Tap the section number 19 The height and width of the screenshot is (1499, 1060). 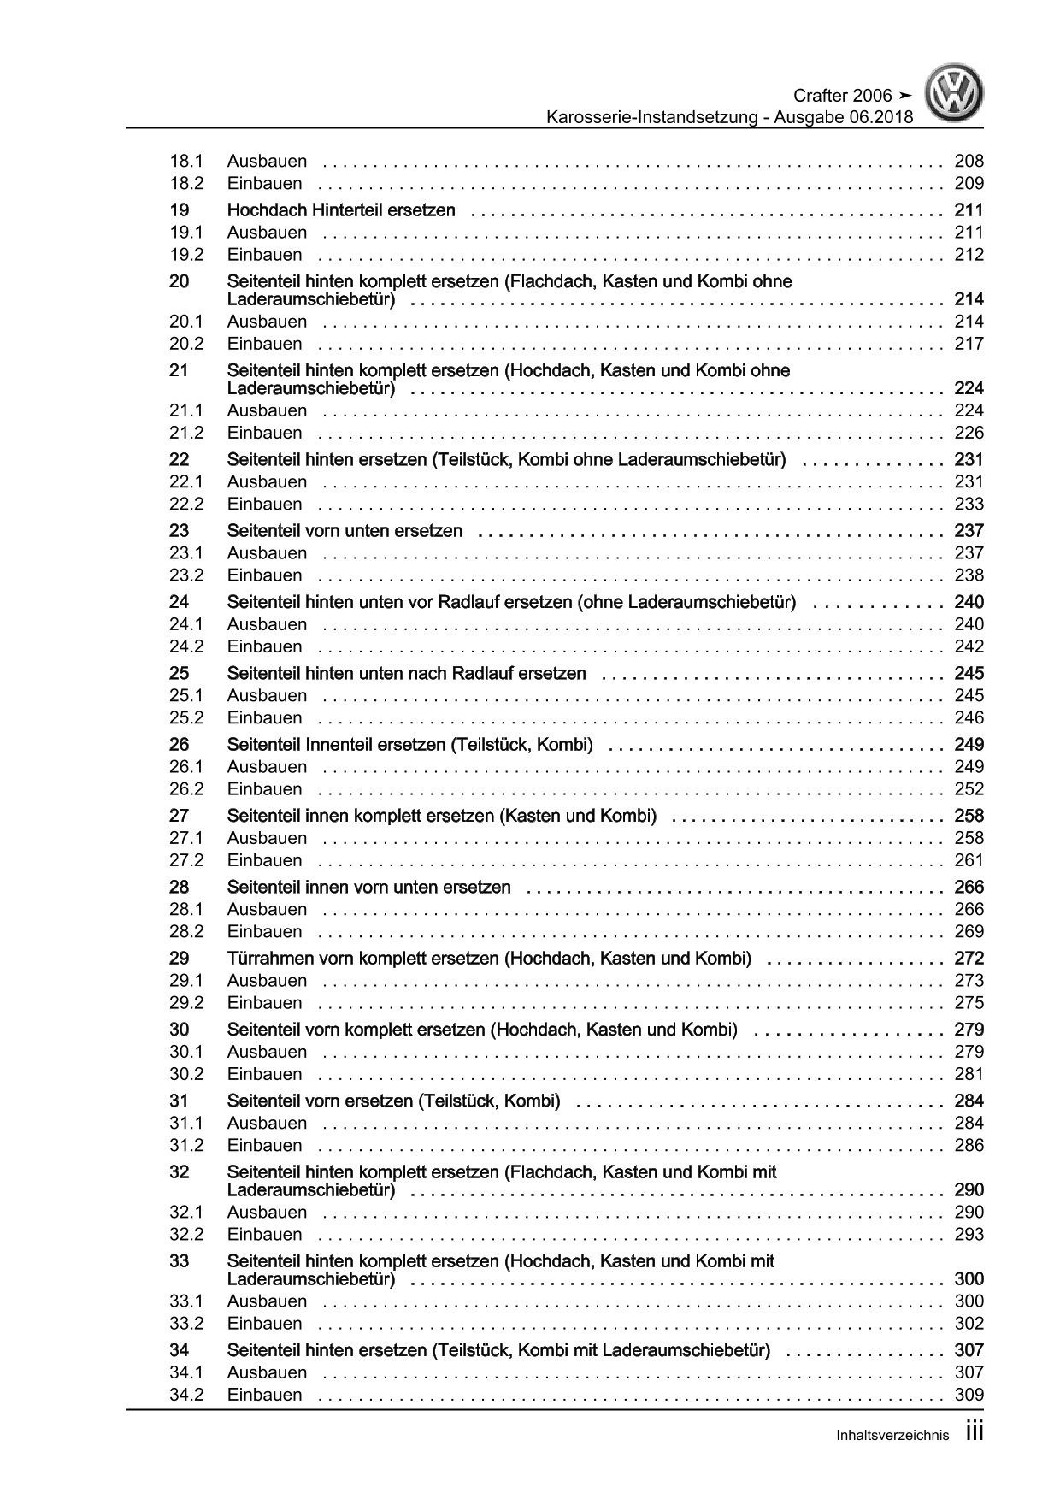click(179, 210)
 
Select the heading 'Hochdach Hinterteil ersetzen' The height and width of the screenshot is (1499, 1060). click(341, 210)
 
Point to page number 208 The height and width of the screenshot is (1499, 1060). click(969, 161)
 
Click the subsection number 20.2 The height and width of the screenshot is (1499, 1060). click(186, 344)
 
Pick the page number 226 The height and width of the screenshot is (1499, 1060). click(969, 433)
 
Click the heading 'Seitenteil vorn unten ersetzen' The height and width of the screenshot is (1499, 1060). click(344, 531)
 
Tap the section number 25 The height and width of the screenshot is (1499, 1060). click(179, 674)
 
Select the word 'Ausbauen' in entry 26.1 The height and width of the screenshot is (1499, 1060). click(267, 767)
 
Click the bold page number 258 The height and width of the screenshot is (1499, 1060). click(969, 816)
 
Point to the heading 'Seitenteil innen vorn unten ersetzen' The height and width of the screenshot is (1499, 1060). click(368, 888)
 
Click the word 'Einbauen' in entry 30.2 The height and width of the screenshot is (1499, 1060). click(264, 1074)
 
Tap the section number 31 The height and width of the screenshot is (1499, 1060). click(179, 1101)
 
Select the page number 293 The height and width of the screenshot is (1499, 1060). click(969, 1235)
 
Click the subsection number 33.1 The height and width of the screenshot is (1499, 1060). click(186, 1301)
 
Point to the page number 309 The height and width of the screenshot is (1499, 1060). click(969, 1396)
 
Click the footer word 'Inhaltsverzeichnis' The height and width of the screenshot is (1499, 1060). click(892, 1437)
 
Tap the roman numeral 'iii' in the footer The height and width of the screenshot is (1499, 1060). click(975, 1433)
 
